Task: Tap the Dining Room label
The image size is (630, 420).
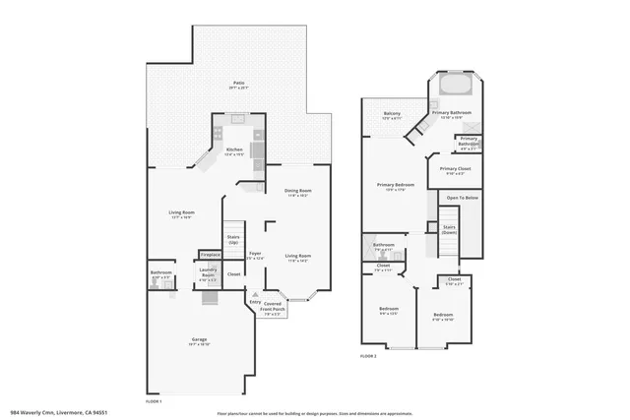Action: tap(298, 192)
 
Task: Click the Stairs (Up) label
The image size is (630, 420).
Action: tap(233, 239)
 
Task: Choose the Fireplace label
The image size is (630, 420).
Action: tap(210, 255)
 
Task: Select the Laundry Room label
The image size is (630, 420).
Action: tap(208, 274)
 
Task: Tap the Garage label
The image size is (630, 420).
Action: tap(199, 341)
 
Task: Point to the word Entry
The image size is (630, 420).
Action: tap(254, 303)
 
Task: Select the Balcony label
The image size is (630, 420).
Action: tap(392, 115)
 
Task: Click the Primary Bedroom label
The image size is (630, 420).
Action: tap(394, 186)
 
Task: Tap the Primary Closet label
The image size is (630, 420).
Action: tap(454, 170)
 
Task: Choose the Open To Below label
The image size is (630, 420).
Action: tap(462, 198)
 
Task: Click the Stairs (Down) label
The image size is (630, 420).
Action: tap(449, 229)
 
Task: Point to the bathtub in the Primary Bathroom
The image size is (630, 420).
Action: tap(454, 85)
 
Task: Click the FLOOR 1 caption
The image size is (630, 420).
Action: tap(154, 401)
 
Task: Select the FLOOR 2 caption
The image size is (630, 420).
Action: tap(368, 354)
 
